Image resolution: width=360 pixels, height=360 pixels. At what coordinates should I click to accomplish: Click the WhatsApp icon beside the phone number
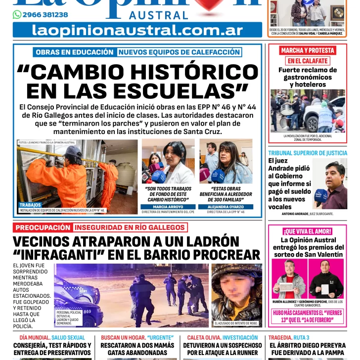coord(17,15)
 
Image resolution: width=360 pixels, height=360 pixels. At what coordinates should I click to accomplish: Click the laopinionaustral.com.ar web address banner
coord(137,30)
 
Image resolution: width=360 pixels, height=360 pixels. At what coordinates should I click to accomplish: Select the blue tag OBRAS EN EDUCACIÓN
coord(75,52)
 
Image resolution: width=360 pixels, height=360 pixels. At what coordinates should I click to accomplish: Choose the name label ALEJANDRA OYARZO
coord(225,207)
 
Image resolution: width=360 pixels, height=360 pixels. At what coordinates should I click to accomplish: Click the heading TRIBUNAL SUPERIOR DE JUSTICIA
coord(308,153)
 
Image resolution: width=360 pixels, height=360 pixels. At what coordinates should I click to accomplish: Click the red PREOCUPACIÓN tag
coord(43,227)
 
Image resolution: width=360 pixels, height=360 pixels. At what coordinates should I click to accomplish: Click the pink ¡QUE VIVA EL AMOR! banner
coord(307,231)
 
